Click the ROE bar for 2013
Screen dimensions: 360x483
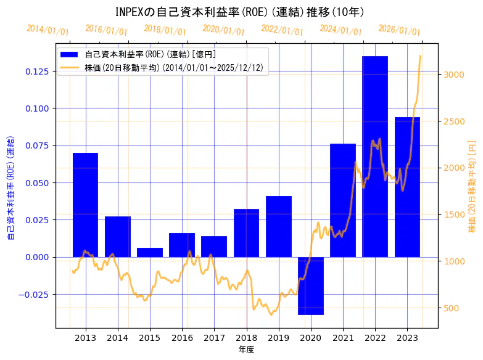85,205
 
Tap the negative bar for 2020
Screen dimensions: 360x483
310,285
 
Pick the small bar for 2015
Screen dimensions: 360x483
150,252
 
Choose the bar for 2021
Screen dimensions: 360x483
343,200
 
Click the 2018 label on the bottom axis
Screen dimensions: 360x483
246,338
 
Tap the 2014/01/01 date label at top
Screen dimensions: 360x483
48,30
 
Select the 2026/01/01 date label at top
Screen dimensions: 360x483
399,30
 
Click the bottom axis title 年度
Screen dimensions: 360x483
246,350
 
